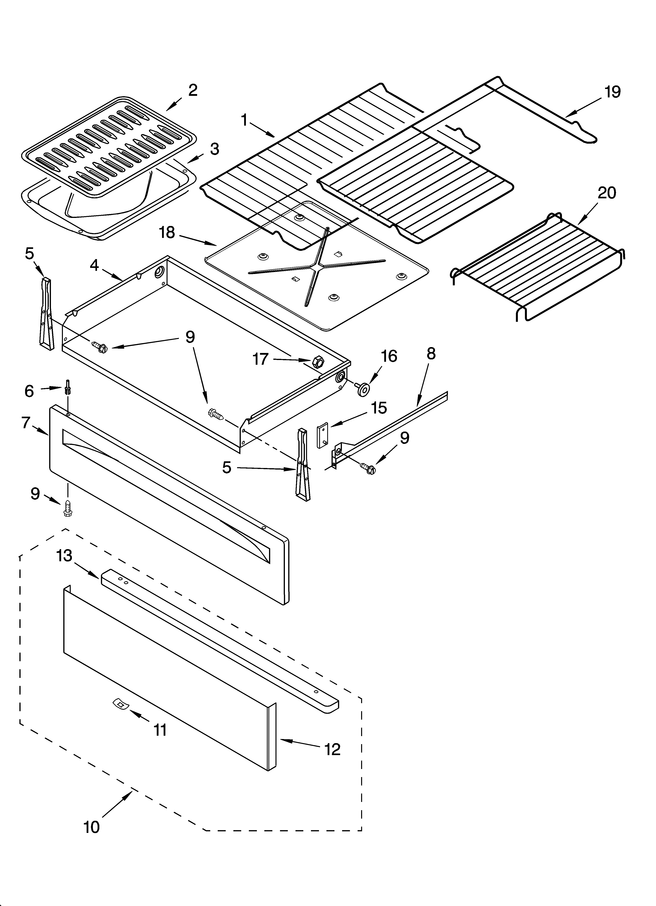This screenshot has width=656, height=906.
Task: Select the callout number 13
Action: point(64,556)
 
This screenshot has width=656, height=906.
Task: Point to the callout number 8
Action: point(431,354)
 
